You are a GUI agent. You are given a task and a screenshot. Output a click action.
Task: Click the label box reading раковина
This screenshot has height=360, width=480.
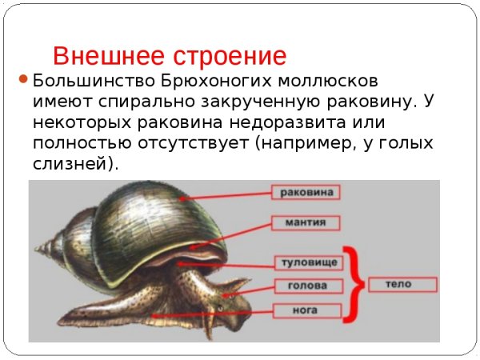(307, 192)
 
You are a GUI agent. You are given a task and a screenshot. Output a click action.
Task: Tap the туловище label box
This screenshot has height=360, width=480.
(308, 262)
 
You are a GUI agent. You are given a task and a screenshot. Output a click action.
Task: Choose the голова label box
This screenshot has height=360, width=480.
(308, 286)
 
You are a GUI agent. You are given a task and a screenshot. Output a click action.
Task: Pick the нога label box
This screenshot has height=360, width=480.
(308, 309)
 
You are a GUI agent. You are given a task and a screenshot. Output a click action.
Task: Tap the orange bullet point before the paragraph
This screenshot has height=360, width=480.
(23, 80)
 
